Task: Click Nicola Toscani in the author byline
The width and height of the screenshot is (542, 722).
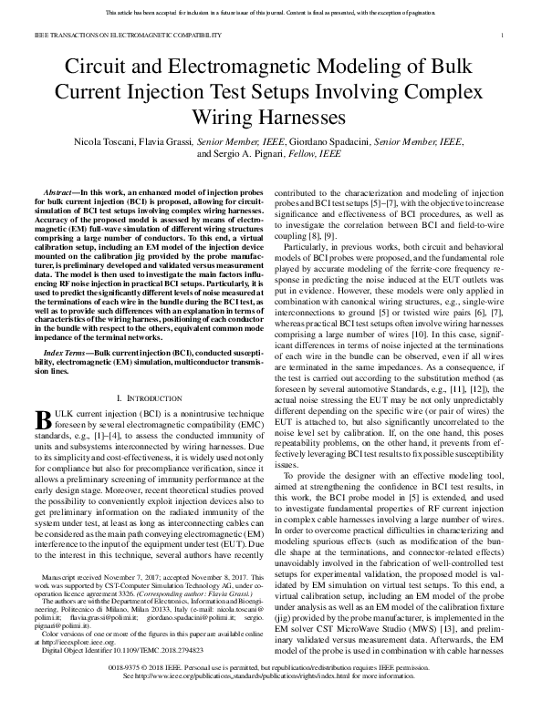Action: pyautogui.click(x=107, y=143)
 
